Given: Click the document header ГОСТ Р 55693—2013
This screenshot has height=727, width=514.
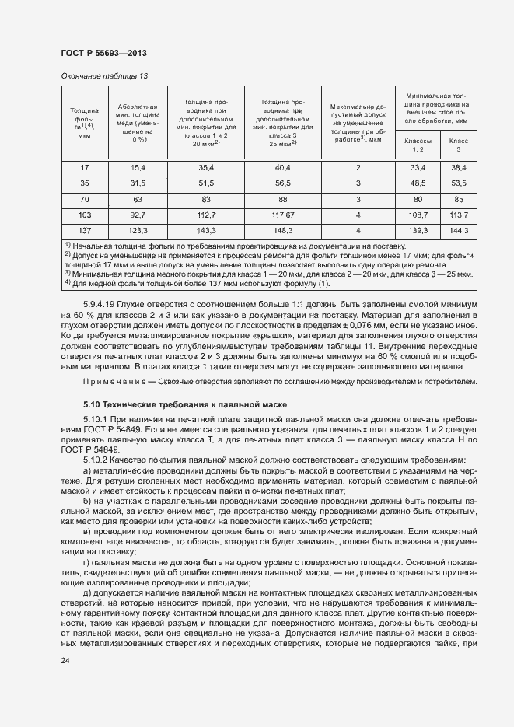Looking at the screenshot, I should [103, 52].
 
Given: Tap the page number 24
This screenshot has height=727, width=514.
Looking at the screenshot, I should [65, 661].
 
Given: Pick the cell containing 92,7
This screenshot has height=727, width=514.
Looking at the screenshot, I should [138, 215].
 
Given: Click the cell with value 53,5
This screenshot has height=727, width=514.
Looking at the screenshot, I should [458, 183].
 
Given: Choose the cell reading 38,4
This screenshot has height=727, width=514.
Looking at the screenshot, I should [458, 167].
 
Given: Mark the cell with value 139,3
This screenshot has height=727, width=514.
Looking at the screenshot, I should [418, 231].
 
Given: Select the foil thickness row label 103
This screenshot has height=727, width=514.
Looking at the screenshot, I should [85, 215].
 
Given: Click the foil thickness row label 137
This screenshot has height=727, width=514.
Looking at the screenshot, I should [85, 231].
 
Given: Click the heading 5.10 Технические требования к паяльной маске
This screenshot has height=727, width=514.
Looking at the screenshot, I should [185, 404].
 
